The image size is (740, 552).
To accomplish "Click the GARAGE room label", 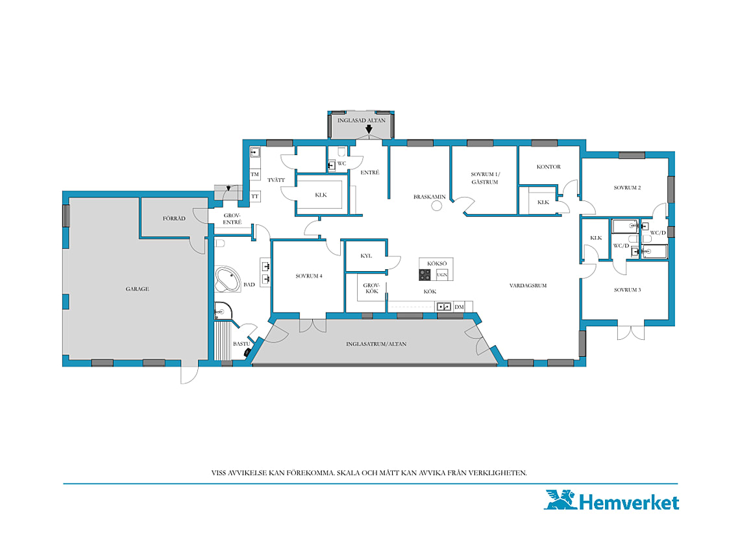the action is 138,289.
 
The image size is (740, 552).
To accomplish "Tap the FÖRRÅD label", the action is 174,219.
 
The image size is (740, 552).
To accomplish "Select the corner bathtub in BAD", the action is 227,280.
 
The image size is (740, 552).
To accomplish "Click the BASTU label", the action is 241,344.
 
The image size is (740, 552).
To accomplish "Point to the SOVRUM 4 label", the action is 309,276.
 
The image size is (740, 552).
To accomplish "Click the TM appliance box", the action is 255,174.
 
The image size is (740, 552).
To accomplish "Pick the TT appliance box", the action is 255,197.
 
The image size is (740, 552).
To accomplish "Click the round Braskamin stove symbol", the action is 437,206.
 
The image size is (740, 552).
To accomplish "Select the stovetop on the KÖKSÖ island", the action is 425,274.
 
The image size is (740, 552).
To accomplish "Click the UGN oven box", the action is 442,274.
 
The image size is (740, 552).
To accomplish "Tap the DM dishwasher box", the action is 459,307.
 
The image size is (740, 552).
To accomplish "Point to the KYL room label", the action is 366,256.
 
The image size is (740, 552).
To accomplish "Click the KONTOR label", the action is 549,167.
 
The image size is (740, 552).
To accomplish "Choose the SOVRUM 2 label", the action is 627,187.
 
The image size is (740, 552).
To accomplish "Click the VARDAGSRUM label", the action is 528,285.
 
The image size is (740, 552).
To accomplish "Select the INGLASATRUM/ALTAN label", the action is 376,344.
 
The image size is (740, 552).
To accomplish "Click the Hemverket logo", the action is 611,501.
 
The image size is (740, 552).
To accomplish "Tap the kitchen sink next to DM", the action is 443,307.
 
